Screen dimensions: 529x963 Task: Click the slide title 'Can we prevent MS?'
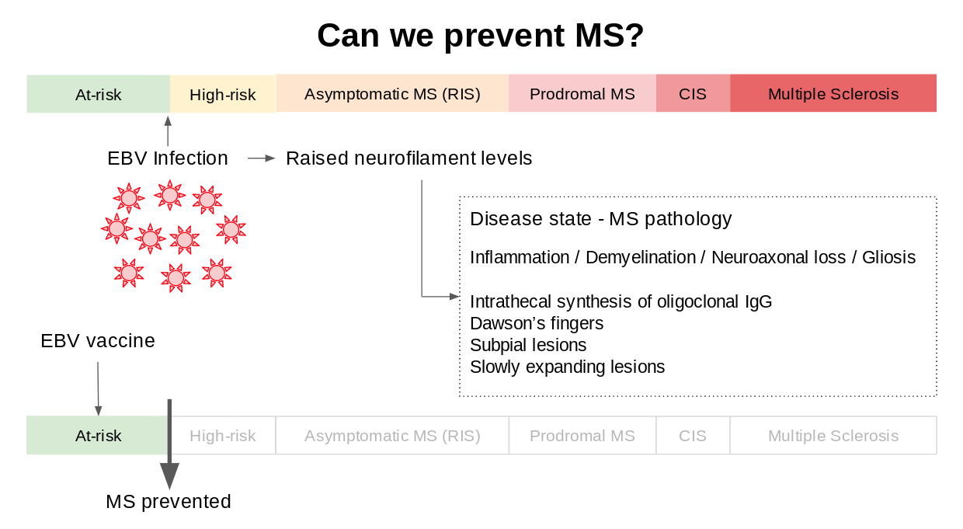pos(481,36)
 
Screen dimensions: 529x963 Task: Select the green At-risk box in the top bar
pos(99,94)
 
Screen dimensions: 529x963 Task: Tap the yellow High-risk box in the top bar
pos(223,95)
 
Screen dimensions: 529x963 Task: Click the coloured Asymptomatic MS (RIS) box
pos(392,94)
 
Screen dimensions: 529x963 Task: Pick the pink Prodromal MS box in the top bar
pos(582,94)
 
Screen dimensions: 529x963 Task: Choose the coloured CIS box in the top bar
pos(693,94)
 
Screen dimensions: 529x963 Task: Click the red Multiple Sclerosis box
pos(833,94)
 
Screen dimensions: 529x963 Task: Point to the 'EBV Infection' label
pos(168,158)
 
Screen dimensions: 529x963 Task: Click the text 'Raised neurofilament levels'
pos(408,158)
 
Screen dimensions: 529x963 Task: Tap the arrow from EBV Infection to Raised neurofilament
pos(262,158)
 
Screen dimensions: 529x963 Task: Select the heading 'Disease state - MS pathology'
pos(600,219)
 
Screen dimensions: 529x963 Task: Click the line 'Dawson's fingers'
pos(536,323)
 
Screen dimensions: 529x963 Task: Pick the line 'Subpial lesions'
pos(528,345)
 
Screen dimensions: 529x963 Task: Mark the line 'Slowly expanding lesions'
pos(567,367)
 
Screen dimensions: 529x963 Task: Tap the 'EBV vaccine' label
pos(98,341)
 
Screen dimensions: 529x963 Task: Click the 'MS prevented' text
pos(169,502)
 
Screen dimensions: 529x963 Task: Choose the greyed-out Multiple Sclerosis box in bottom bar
pos(833,436)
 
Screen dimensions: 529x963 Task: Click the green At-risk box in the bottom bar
pos(98,436)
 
